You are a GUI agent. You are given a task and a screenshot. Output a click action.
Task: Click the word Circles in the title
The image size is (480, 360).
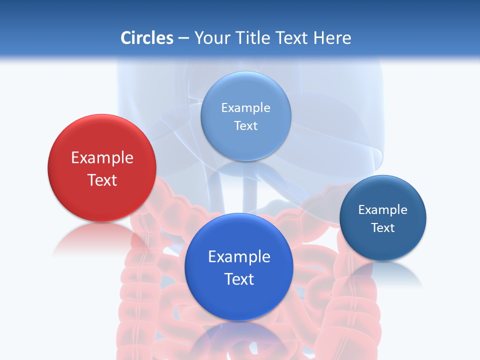146,37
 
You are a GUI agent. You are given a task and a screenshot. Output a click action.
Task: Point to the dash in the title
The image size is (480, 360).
183,38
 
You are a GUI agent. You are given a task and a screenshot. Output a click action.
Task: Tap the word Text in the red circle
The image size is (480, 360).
102,180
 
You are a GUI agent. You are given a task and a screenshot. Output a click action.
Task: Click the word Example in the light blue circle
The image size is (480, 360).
245,107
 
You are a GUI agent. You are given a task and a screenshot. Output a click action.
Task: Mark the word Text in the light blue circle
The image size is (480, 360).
245,125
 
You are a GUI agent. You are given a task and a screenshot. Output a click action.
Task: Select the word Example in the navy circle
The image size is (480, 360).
383,209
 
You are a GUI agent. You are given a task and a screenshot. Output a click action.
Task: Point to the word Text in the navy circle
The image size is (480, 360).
383,227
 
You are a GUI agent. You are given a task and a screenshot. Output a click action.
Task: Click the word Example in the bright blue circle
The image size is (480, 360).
239,256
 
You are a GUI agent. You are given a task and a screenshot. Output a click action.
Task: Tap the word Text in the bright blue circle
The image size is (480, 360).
239,279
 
